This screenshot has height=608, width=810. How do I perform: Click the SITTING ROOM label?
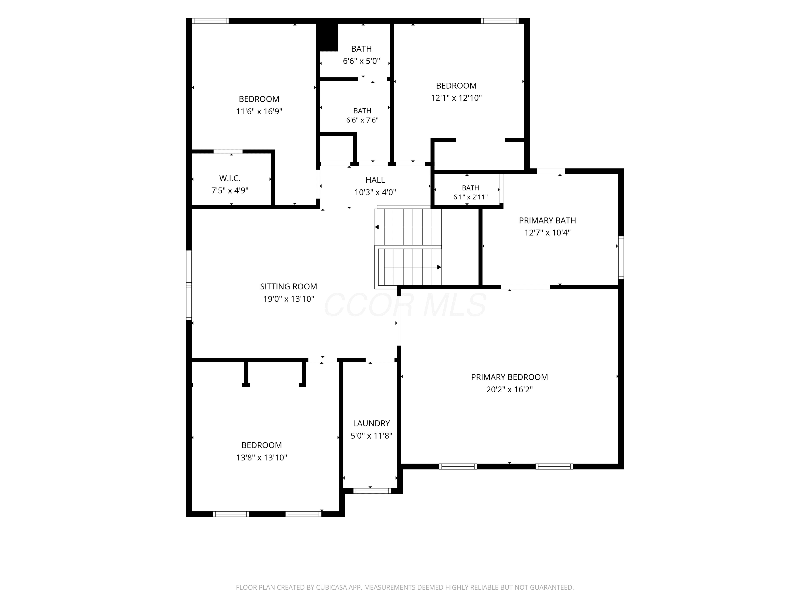click(289, 287)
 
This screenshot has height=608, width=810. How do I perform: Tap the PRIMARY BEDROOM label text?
click(509, 377)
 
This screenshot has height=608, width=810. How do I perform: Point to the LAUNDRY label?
click(371, 423)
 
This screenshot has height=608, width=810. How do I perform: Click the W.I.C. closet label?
click(230, 178)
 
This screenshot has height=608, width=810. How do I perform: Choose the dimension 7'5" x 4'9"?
click(230, 191)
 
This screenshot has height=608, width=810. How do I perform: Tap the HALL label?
click(375, 180)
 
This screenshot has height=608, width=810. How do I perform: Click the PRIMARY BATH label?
click(548, 221)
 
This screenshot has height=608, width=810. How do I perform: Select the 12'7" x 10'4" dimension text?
click(548, 233)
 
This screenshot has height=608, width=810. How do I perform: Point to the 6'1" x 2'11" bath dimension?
click(471, 197)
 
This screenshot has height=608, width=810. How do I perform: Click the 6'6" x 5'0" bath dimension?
click(362, 61)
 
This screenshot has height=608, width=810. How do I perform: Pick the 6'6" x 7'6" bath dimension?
click(362, 120)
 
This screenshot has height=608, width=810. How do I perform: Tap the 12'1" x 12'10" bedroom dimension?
click(456, 98)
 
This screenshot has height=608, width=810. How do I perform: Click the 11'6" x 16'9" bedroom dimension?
click(259, 111)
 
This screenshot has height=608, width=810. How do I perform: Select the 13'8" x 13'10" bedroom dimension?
click(261, 458)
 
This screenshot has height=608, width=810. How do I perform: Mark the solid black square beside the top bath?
click(327, 37)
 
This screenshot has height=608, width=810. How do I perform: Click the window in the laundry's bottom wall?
click(372, 491)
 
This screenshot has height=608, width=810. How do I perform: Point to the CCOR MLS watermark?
click(405, 305)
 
